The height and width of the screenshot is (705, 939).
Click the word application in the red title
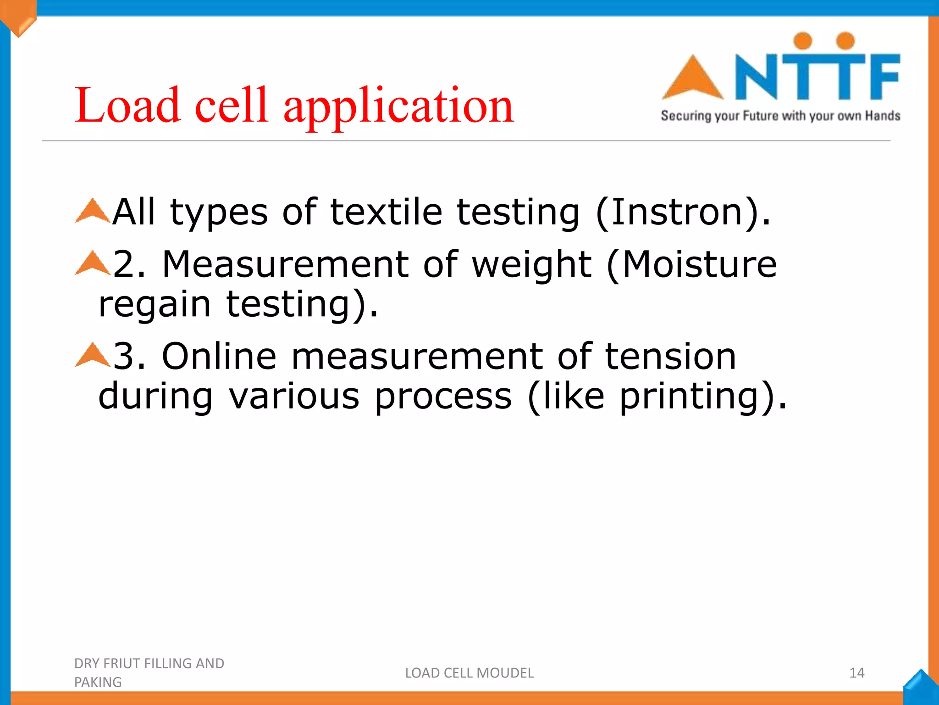[398, 106]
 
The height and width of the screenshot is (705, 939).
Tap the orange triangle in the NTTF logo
[692, 79]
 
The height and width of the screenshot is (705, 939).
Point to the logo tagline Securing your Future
[780, 116]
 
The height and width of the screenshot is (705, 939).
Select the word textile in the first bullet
[386, 212]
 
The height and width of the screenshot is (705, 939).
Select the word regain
[155, 305]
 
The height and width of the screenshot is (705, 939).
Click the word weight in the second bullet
[531, 265]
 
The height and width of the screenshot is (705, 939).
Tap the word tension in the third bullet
[670, 357]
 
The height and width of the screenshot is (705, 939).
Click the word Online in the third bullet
[219, 357]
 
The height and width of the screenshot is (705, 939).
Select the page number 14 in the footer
[856, 673]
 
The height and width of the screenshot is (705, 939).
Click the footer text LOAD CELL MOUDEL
[469, 673]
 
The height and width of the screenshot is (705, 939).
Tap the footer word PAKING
[98, 683]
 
